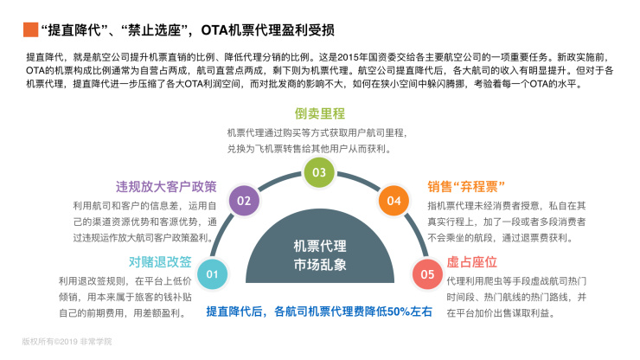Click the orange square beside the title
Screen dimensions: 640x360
30,29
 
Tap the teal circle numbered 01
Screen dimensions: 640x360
212,274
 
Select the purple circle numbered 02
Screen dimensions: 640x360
244,201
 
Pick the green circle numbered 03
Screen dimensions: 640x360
319,172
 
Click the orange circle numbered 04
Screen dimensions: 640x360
394,201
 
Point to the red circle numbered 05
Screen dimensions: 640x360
427,274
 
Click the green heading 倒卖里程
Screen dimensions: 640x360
320,113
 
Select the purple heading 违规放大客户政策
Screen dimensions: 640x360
166,187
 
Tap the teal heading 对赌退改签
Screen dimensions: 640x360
160,262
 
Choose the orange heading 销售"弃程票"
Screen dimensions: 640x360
466,187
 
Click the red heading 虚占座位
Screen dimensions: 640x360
472,262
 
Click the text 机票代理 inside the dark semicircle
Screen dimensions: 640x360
320,246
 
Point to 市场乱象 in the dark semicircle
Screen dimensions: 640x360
320,265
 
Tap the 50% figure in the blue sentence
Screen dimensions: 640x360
399,312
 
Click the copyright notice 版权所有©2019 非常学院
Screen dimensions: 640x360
67,342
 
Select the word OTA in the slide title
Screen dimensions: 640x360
214,29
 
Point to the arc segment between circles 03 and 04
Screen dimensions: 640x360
359,181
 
